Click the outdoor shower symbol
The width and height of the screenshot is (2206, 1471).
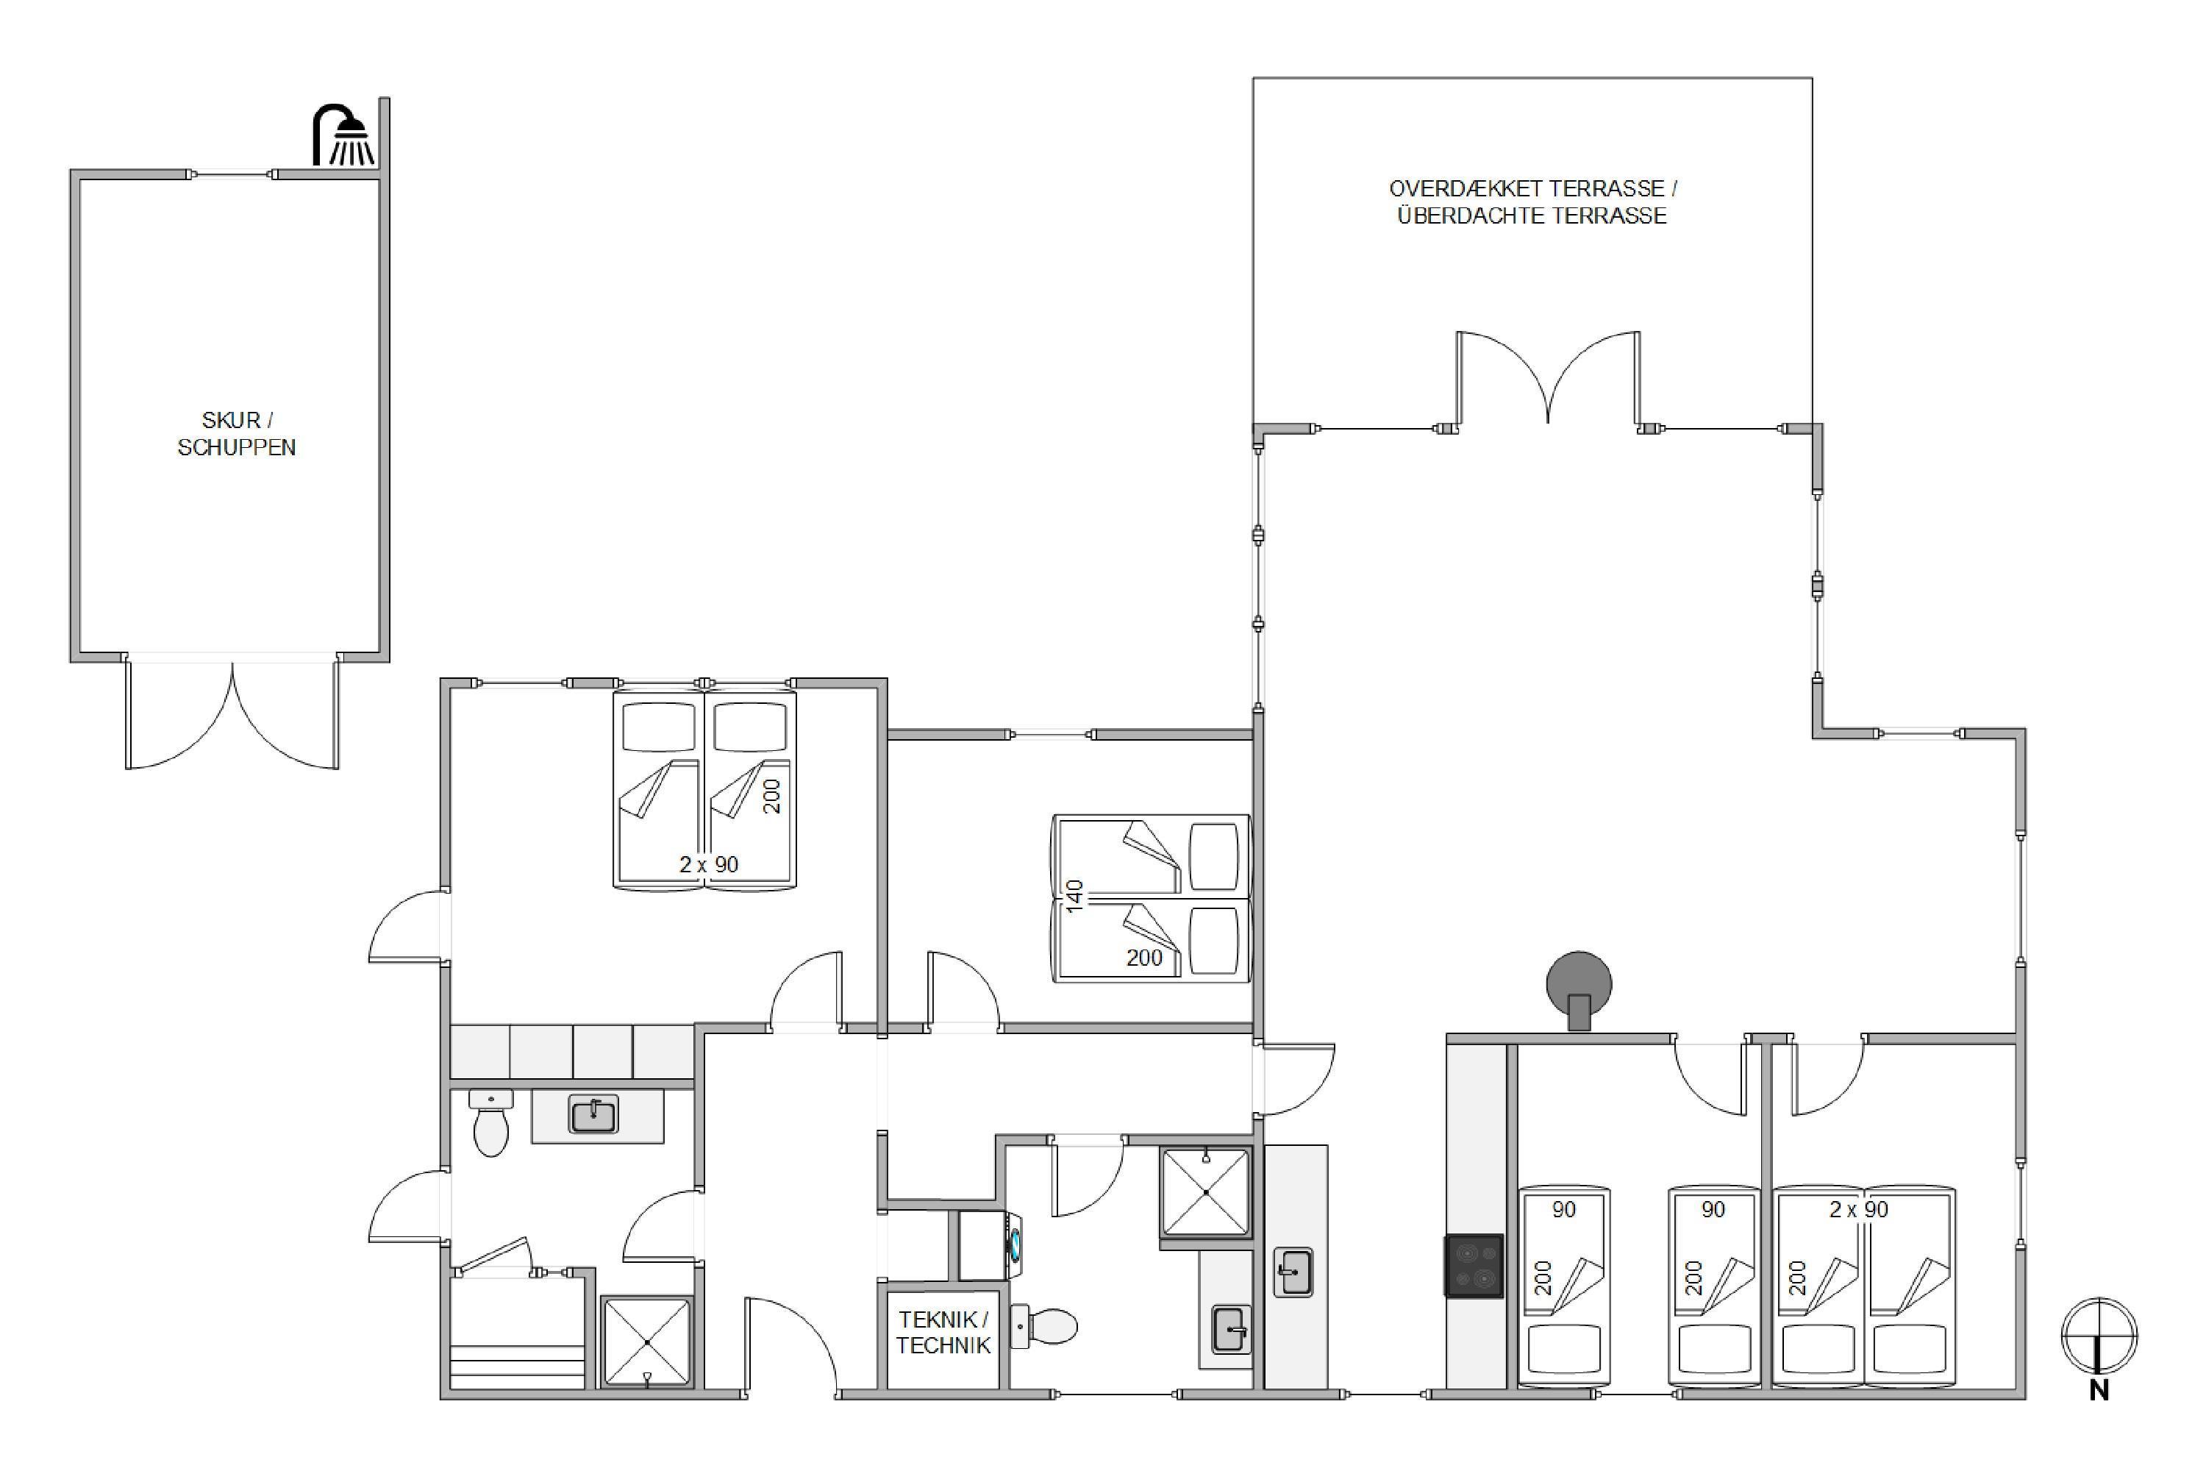[343, 136]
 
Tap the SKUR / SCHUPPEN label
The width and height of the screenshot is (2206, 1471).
[236, 433]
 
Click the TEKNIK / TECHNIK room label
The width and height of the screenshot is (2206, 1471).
[943, 1332]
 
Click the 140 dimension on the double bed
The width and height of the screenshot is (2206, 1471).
[1075, 895]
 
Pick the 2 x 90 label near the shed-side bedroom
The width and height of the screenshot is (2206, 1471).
[709, 864]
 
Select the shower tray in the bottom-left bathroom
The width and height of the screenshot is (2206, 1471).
[647, 1341]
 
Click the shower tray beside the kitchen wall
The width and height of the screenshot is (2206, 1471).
[1206, 1192]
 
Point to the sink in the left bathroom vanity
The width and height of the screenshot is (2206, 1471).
[593, 1114]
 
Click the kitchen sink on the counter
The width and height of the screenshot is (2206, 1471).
[1293, 1272]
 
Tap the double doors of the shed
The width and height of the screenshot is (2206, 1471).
[232, 715]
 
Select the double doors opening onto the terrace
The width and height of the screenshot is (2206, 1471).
[1548, 378]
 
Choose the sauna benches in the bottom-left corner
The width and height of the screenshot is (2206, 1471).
[518, 1333]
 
